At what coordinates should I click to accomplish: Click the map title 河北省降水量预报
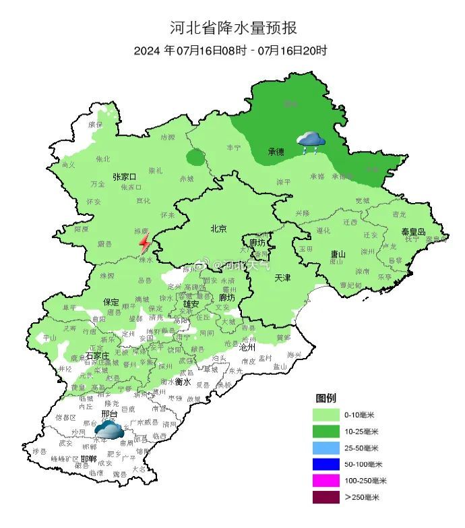click(x=232, y=28)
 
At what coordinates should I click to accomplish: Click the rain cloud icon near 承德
click(x=311, y=142)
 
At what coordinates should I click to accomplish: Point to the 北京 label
click(x=218, y=227)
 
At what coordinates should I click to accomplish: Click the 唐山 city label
click(x=338, y=254)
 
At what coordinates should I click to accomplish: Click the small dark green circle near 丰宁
click(x=195, y=158)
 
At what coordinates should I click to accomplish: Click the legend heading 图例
click(x=326, y=398)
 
